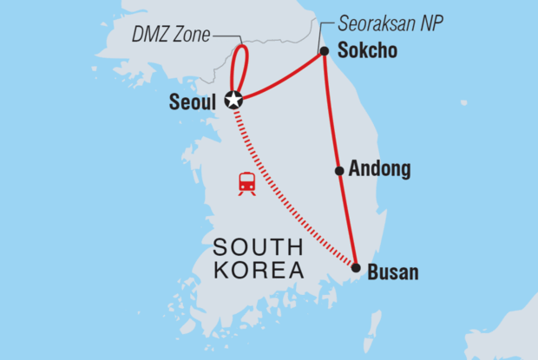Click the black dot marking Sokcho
pos(324,51)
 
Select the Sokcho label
pos(367,51)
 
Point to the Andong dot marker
pos(339,170)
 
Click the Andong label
pos(379,170)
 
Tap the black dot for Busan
pos(356,268)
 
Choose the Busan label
pos(393,272)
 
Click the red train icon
pos(247,183)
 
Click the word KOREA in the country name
pos(258,272)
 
